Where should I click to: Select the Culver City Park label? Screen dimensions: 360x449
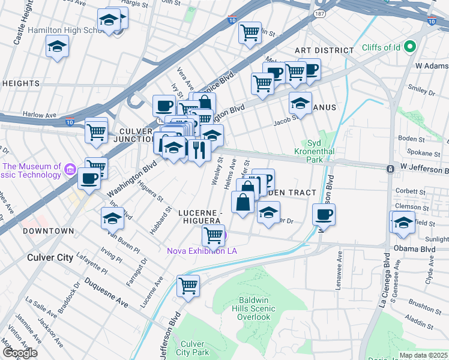point(193,348)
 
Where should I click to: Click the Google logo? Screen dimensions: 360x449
point(20,353)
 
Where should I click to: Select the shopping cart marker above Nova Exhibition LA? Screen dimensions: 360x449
point(213,235)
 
